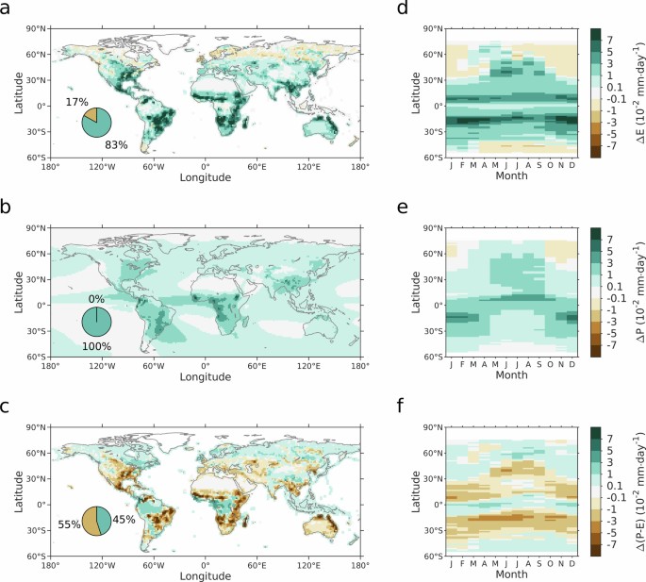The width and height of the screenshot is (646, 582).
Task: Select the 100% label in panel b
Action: tap(97, 346)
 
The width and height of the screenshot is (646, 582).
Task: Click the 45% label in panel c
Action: tap(126, 518)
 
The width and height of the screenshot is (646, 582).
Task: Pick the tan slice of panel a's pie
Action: tap(90, 115)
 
